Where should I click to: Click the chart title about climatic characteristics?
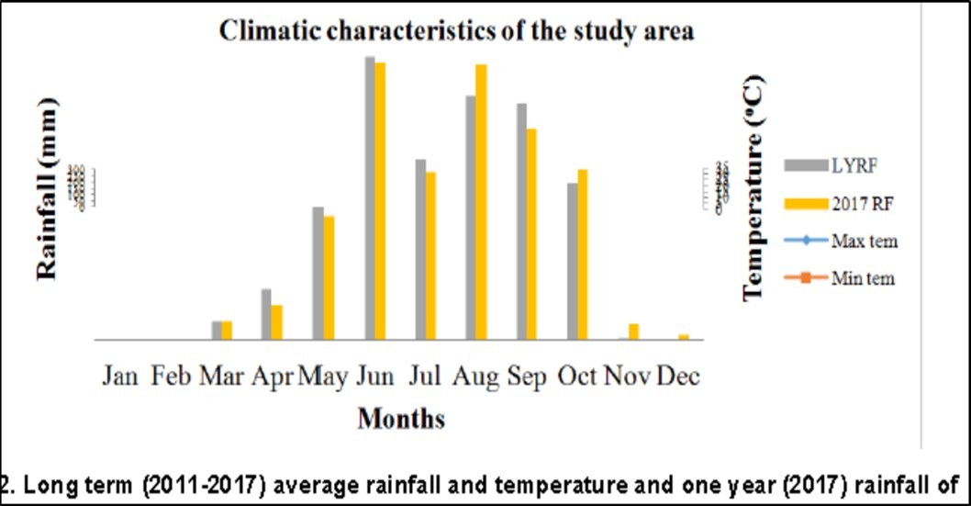(x=456, y=30)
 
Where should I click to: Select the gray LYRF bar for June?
(x=370, y=197)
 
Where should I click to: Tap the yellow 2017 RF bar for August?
(x=481, y=202)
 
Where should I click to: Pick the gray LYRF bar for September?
(x=521, y=221)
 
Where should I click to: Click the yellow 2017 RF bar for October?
(x=582, y=254)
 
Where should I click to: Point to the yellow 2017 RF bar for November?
(x=633, y=332)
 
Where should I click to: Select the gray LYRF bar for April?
(x=266, y=314)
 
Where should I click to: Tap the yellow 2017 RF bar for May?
(x=329, y=277)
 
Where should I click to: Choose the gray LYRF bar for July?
(x=420, y=249)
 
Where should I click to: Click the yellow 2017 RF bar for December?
(x=684, y=337)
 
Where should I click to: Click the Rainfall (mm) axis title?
(x=47, y=188)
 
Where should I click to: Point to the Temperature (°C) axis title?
(x=753, y=188)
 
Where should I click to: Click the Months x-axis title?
(x=401, y=419)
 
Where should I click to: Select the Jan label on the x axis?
(x=121, y=377)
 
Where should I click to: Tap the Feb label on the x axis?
(x=171, y=377)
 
